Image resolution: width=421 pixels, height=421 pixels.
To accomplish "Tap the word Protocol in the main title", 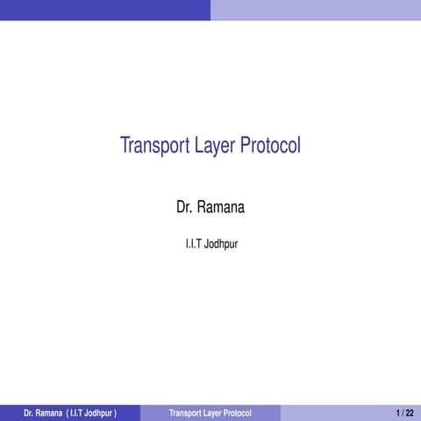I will coord(270,146).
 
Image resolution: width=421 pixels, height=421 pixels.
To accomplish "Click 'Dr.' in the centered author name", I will coord(184,208).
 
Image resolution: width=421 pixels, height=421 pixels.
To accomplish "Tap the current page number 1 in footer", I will coord(398,412).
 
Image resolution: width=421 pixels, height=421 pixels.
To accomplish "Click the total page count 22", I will coord(410,412).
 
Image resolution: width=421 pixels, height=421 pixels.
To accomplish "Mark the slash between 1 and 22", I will coord(403,412).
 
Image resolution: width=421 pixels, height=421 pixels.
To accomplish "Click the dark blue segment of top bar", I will coord(105,10).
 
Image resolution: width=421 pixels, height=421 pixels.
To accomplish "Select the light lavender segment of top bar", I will coord(316,10).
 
